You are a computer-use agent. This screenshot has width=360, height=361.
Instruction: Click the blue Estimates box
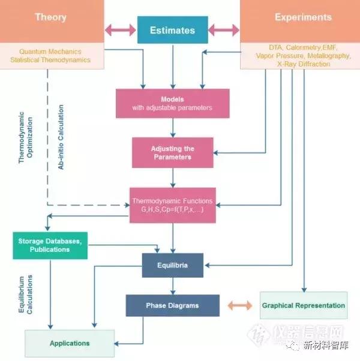point(173,29)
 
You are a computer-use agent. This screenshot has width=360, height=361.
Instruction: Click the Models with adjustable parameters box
point(172,103)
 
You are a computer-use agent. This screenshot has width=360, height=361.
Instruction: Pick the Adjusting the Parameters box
point(173,152)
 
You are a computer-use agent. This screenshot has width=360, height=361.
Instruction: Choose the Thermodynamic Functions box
point(172,204)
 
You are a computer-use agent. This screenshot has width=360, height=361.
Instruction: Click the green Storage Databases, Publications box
point(50,245)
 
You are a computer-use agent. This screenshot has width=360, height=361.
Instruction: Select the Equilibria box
point(173,265)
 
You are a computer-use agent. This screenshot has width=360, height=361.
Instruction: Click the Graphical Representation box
point(304,305)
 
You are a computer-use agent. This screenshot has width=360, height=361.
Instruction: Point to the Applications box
point(70,343)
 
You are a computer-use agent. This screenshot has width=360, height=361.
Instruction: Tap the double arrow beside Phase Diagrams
point(239,305)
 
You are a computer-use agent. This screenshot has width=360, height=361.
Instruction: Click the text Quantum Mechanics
point(50,52)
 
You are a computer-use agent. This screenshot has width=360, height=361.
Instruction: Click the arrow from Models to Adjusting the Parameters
point(173,127)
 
